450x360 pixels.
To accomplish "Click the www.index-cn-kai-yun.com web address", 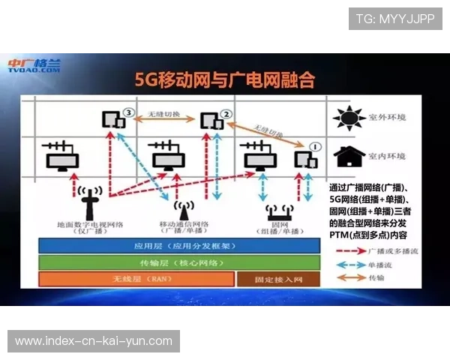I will pos(93,341).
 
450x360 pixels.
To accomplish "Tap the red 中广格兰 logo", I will pos(34,65).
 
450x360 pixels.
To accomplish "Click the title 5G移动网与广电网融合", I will pos(224,79).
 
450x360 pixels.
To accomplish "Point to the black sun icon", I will pos(347,118).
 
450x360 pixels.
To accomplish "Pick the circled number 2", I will pos(226,113).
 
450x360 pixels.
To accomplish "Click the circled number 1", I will pos(316,147).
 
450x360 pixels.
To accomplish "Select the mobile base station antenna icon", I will pos(180,209).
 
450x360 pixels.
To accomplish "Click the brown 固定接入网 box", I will pos(278,279).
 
